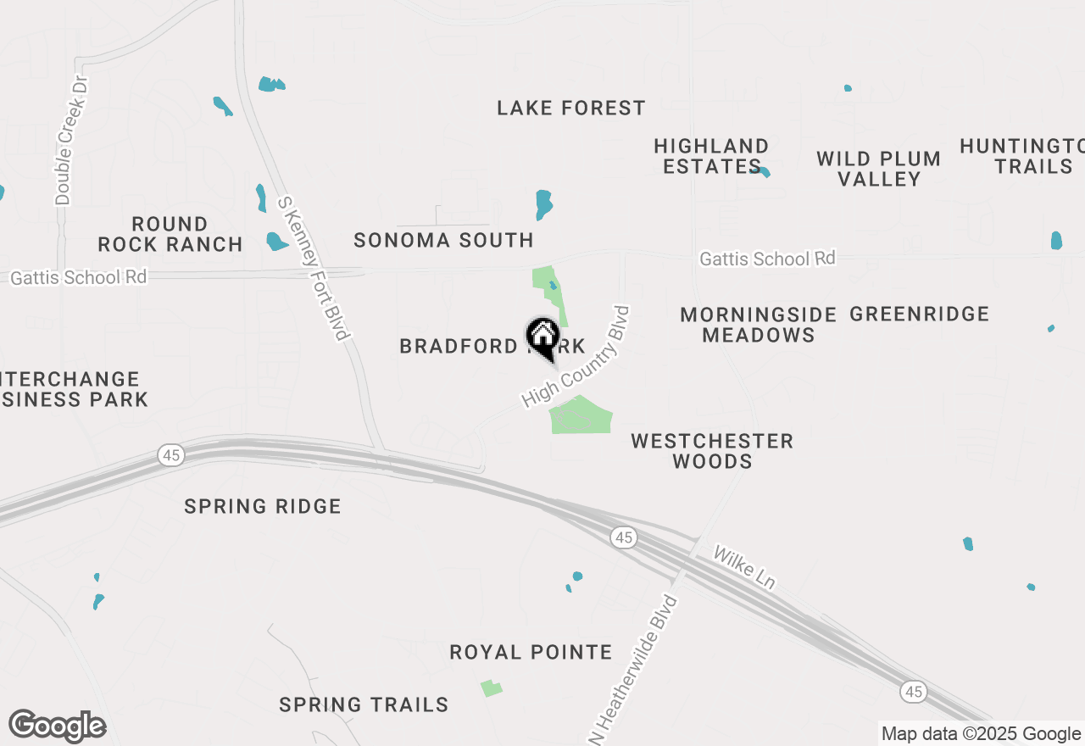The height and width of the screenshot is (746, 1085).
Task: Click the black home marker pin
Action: pos(542,337)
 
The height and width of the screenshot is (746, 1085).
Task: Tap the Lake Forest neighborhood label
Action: pos(570,108)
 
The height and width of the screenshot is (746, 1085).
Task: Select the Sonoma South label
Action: pos(443,240)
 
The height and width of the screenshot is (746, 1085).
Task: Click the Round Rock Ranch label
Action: pos(170,234)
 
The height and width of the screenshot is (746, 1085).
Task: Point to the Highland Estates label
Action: pos(710,156)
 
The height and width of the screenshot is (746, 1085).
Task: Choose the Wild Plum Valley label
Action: pos(878,169)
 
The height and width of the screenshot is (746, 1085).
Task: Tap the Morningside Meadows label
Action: pos(758,325)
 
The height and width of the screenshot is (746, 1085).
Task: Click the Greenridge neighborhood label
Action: pos(919,314)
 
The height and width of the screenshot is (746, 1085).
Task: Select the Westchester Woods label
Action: pos(712,451)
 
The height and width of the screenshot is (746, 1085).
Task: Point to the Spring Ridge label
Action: pos(263,506)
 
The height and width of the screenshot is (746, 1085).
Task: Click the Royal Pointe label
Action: pos(531,652)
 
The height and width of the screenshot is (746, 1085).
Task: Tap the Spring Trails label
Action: pos(364,704)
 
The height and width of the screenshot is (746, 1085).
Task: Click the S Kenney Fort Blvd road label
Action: pos(314,268)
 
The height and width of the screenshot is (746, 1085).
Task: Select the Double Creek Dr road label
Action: pos(71,141)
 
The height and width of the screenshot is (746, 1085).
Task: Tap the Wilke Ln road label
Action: pos(744,567)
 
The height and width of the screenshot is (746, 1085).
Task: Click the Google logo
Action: pos(57,727)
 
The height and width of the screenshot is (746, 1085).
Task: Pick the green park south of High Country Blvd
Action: pos(580,415)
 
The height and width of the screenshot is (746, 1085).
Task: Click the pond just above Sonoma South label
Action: pos(543,204)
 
